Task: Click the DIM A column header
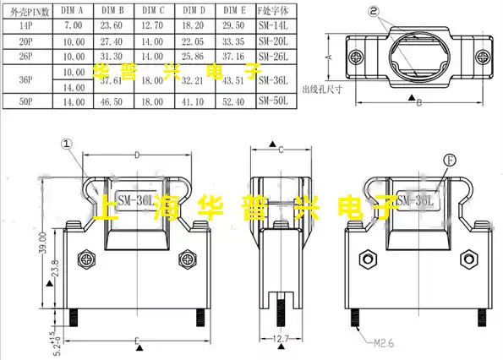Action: [74, 10]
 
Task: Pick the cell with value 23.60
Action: [112, 27]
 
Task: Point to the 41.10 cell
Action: [193, 101]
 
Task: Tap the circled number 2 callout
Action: [398, 12]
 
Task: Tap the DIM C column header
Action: [153, 10]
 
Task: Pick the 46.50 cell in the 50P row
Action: [112, 101]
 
